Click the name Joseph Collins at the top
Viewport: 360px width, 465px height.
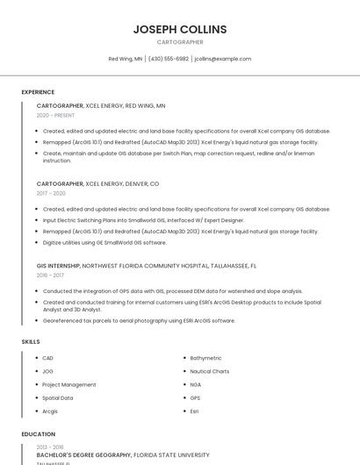pyautogui.click(x=179, y=29)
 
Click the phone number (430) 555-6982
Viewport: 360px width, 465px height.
pyautogui.click(x=169, y=59)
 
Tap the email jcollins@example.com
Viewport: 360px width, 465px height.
pyautogui.click(x=222, y=59)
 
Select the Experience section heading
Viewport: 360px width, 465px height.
pyautogui.click(x=38, y=92)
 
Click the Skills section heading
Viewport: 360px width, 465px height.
pyautogui.click(x=31, y=341)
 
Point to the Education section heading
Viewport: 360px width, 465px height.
pyautogui.click(x=38, y=434)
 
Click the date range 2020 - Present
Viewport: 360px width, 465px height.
pyautogui.click(x=55, y=115)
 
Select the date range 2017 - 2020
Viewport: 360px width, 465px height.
pyautogui.click(x=51, y=193)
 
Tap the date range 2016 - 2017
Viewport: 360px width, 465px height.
pyautogui.click(x=50, y=275)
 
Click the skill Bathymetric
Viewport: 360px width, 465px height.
pyautogui.click(x=206, y=358)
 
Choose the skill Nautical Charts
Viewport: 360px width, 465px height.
pyautogui.click(x=210, y=371)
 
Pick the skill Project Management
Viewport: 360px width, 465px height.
pyautogui.click(x=69, y=384)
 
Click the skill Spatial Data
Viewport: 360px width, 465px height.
pyautogui.click(x=58, y=397)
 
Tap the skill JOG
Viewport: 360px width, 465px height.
pyautogui.click(x=48, y=371)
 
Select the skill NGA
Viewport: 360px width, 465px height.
pyautogui.click(x=195, y=384)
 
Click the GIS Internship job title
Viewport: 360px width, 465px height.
pyautogui.click(x=60, y=265)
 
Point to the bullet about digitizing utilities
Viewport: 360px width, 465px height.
pyautogui.click(x=104, y=242)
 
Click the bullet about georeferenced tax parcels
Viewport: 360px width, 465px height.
pyautogui.click(x=139, y=320)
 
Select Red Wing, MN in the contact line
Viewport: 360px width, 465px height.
pyautogui.click(x=126, y=59)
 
